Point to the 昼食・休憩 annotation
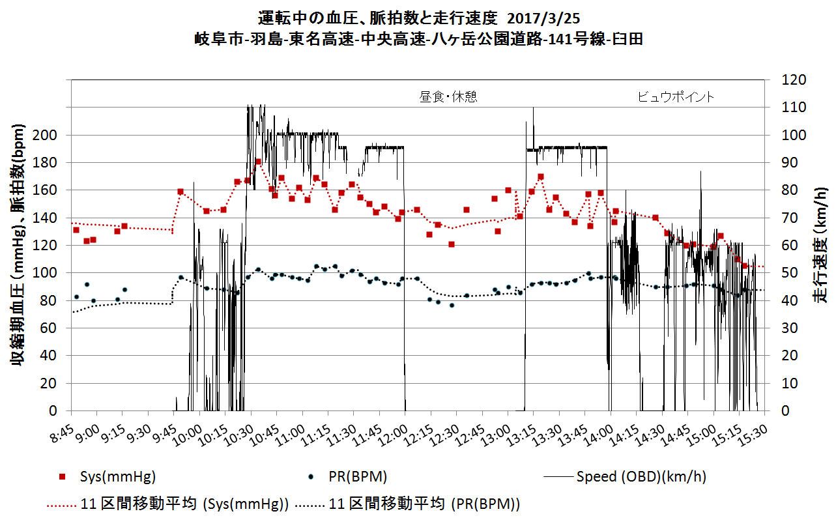coord(448,97)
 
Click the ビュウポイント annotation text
coord(675,97)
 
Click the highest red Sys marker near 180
coord(258,162)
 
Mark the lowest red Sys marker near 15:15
coord(745,266)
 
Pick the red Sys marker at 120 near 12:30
coord(451,244)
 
